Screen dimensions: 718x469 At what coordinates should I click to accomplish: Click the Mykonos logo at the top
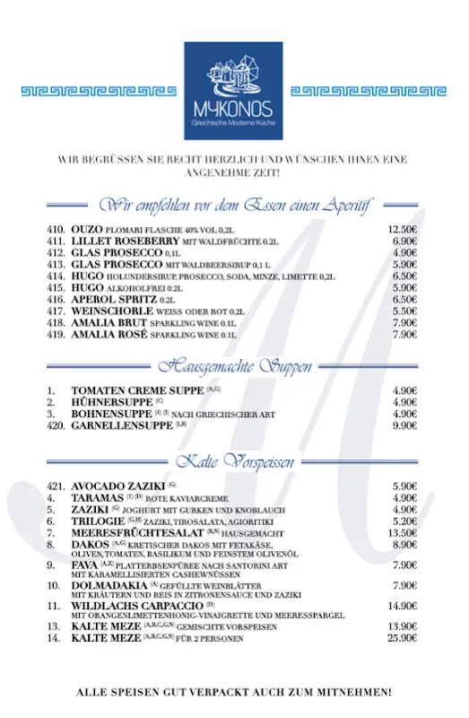click(x=233, y=90)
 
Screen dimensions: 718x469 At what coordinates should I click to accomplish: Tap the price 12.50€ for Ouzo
click(x=403, y=230)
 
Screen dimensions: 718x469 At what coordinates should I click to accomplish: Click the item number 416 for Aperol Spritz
click(x=56, y=299)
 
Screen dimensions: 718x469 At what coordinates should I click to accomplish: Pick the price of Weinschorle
click(x=404, y=311)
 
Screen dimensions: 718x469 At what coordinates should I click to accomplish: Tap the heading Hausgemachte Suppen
click(x=235, y=366)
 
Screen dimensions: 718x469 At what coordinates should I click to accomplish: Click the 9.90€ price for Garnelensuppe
click(x=404, y=425)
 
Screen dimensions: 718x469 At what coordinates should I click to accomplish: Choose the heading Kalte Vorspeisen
click(x=234, y=461)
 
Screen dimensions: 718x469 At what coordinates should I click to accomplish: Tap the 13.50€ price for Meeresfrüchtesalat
click(x=403, y=532)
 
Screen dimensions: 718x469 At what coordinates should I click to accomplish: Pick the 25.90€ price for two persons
click(x=403, y=638)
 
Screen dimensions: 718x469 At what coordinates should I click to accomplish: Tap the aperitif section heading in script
click(x=235, y=204)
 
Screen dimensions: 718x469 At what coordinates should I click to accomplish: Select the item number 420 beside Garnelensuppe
click(x=56, y=425)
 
